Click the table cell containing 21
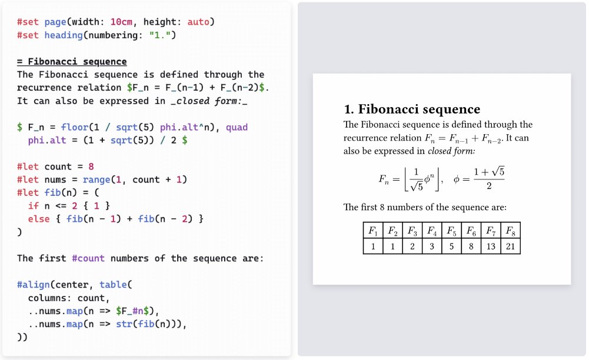point(510,246)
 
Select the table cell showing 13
point(491,246)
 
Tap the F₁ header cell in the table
point(373,231)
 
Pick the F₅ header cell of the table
point(451,231)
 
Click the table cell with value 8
point(471,246)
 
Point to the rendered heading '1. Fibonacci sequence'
point(412,109)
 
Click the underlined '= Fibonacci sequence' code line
point(72,62)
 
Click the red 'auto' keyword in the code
point(198,22)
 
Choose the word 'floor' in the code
point(74,127)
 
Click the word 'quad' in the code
point(237,127)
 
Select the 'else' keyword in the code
point(39,219)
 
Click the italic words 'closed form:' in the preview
point(451,151)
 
